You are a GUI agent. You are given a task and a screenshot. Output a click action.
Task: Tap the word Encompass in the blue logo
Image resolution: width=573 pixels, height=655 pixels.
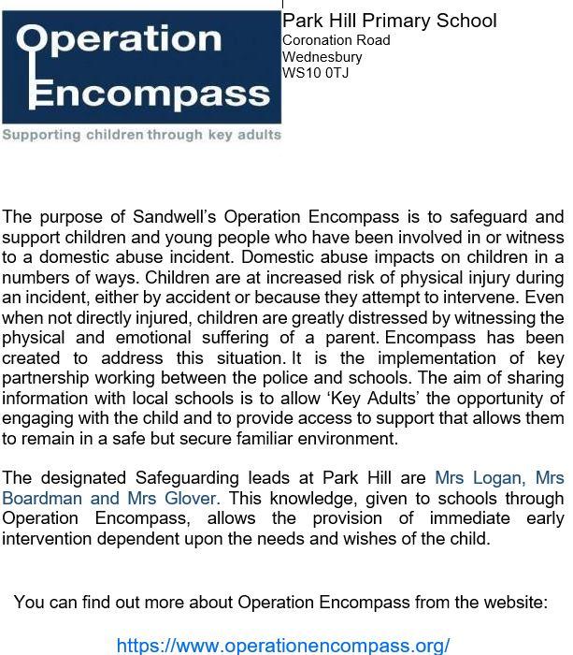pos(150,95)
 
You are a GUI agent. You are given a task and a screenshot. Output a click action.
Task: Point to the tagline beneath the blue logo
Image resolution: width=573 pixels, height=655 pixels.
pos(141,135)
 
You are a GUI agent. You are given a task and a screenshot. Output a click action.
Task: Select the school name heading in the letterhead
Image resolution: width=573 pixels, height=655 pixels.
pos(389,21)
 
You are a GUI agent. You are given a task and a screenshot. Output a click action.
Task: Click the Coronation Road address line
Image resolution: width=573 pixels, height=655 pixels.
pos(336,40)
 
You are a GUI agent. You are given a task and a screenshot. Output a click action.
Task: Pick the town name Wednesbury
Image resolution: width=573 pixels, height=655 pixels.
pos(322,56)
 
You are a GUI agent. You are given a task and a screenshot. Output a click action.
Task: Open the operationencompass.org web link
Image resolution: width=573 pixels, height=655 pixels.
pos(283,645)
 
